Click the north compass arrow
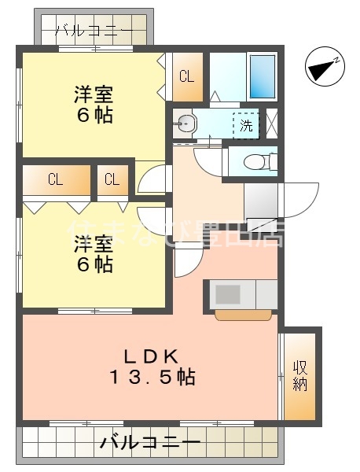323,68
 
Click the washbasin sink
186,123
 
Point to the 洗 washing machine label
246,124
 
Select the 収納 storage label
300,375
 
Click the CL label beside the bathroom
186,76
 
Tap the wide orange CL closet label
55,179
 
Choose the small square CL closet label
112,179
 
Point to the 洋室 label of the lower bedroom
94,243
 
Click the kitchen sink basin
229,293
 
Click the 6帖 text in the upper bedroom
94,116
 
